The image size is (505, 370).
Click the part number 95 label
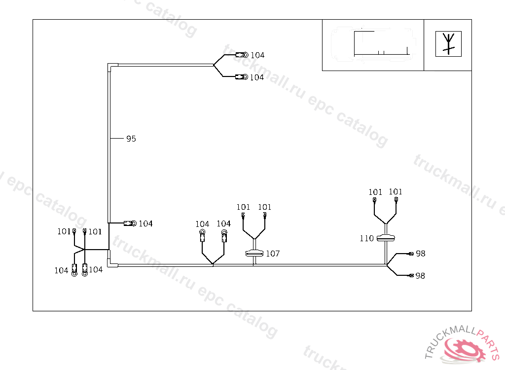(131, 139)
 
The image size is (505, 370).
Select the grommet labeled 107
(254, 254)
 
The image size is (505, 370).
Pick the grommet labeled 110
(386, 238)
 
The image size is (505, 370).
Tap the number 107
(273, 254)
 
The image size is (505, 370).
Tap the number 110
(367, 239)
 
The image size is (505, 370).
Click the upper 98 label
(420, 254)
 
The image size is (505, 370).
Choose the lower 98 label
(420, 276)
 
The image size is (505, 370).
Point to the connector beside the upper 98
(410, 254)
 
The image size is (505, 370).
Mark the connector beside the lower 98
(410, 276)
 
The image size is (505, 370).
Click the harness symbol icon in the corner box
(448, 44)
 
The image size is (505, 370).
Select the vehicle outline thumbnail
(373, 45)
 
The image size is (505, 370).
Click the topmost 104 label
(257, 55)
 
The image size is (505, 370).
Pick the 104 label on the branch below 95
(145, 224)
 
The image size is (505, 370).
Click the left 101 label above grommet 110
(375, 192)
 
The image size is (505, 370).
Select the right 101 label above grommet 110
(396, 192)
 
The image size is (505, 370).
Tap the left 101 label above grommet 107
(244, 207)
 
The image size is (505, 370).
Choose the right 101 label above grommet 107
(265, 207)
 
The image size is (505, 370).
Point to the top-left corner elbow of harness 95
(111, 66)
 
